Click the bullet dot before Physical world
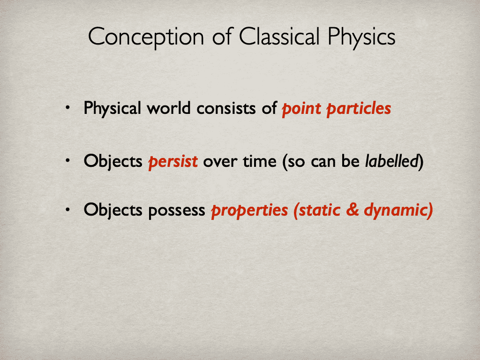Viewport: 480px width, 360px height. tap(68, 108)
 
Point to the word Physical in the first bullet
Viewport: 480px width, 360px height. tap(112, 109)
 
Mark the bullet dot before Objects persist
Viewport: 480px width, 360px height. tap(68, 161)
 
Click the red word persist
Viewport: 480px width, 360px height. tap(173, 162)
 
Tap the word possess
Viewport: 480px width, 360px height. tap(177, 211)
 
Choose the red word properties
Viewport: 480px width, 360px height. tap(249, 211)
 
